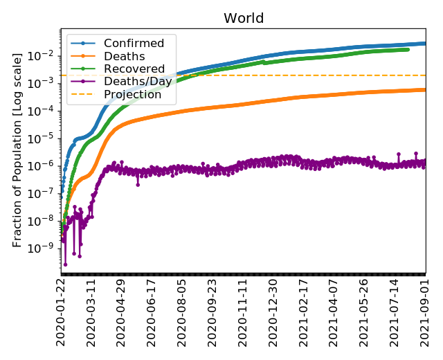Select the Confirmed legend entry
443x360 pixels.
tap(129, 44)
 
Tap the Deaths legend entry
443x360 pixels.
tap(119, 57)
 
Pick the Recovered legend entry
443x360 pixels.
tap(129, 69)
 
